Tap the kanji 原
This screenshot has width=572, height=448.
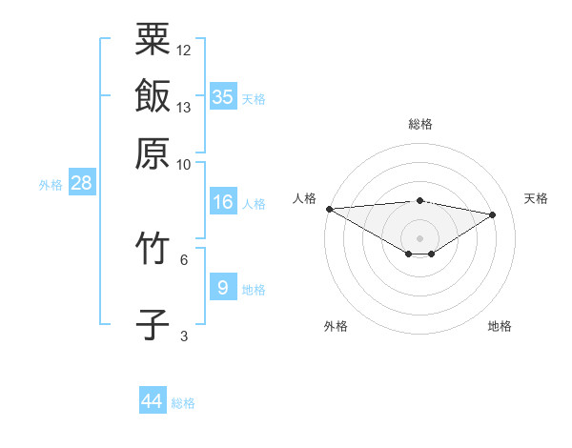click(x=153, y=152)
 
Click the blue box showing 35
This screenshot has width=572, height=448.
click(x=223, y=96)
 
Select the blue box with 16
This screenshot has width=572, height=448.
click(x=223, y=202)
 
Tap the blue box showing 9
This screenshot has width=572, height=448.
click(x=223, y=287)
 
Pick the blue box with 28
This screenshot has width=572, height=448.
click(x=81, y=183)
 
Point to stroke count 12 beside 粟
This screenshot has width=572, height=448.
click(x=184, y=50)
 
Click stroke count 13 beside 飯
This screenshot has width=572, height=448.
click(x=184, y=107)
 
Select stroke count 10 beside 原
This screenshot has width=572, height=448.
click(x=184, y=163)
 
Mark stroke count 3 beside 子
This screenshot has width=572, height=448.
click(x=184, y=335)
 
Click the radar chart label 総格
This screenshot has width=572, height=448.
click(x=420, y=124)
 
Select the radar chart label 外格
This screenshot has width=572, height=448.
click(x=336, y=326)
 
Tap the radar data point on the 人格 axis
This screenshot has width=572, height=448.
click(x=329, y=208)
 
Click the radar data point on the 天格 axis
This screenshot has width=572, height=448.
click(x=493, y=214)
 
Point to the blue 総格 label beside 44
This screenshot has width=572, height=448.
click(x=183, y=403)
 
